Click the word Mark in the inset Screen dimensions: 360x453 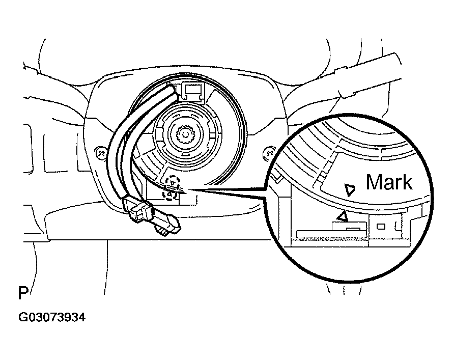(x=389, y=182)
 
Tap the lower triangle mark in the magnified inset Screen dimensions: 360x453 (x=344, y=216)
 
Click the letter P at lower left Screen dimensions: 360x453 (x=23, y=294)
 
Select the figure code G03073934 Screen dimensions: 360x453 (x=52, y=318)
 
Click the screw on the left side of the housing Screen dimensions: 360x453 (x=100, y=152)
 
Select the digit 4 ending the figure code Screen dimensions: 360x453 (x=81, y=318)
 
